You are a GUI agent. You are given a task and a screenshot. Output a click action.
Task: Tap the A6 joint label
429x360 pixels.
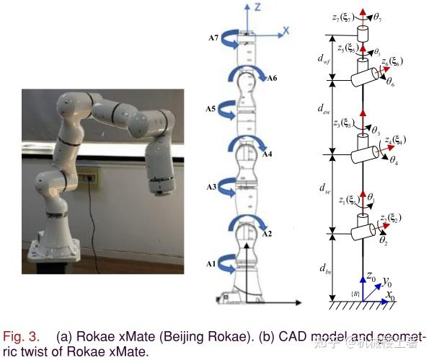coord(273,79)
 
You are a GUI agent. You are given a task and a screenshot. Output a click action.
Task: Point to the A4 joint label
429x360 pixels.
coord(267,154)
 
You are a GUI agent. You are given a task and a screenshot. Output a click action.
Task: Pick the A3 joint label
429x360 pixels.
coord(211,187)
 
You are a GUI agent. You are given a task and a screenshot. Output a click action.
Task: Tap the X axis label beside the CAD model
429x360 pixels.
coord(286,30)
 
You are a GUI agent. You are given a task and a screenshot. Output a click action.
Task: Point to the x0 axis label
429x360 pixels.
coord(390,297)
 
